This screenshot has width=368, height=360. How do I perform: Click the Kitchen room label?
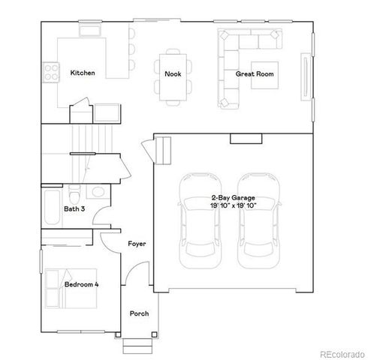pos(82,73)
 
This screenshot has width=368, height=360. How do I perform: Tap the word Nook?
pos(172,73)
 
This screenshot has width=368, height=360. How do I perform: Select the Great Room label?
pos(254,74)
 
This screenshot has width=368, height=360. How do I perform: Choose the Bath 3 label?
pos(74,209)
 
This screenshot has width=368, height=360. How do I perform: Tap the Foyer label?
pos(136,244)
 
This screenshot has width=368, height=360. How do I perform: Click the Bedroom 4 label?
pos(81,285)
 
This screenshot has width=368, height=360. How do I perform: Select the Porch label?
pos(139,313)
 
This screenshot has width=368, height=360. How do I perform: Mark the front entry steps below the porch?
pos(136,344)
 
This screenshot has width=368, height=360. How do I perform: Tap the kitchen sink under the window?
pos(89,32)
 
